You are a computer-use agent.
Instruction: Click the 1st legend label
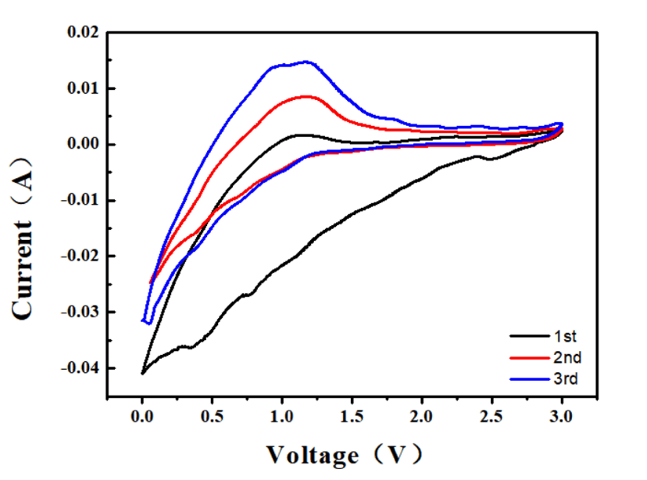[x=565, y=337]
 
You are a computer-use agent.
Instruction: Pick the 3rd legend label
[x=566, y=380]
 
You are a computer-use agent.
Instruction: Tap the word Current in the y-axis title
[x=23, y=270]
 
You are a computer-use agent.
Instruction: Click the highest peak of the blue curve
[x=305, y=61]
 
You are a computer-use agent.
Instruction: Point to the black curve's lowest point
[x=142, y=373]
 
